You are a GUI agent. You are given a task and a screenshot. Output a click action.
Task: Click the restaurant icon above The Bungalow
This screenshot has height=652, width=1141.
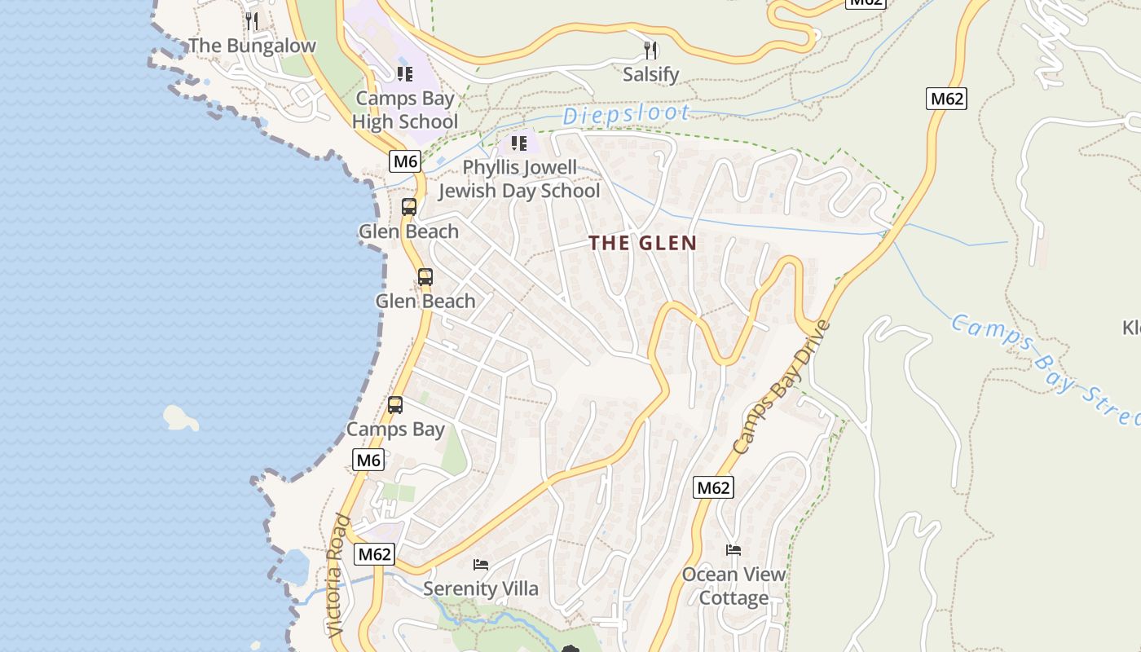252,20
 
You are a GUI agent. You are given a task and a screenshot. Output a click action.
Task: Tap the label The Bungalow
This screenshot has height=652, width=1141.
252,46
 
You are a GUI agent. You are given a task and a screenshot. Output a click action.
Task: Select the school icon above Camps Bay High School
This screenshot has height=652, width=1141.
405,74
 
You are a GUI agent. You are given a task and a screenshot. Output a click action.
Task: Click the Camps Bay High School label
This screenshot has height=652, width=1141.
405,111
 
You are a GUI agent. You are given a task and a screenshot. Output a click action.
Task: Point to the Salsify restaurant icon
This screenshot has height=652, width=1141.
650,51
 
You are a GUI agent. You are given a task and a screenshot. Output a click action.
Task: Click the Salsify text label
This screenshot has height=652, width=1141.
650,75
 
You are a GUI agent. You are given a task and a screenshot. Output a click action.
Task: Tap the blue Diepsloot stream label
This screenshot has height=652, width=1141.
626,115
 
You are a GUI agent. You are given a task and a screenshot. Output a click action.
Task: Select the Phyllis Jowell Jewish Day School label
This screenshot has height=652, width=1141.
519,179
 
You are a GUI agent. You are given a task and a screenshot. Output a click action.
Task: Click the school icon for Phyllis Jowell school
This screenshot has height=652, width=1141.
519,144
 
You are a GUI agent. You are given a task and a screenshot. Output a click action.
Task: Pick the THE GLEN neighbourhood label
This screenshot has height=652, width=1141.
643,243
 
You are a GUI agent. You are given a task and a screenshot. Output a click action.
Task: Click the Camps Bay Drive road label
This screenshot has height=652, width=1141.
780,388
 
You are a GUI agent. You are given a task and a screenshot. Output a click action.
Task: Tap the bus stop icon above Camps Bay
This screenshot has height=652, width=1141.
395,404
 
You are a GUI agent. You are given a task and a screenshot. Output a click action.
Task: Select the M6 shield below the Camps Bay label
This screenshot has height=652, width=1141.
368,460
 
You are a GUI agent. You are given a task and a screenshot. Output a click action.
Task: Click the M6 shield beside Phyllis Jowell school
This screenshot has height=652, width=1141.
405,161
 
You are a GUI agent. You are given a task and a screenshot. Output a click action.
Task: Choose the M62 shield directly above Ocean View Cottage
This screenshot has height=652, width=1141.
713,488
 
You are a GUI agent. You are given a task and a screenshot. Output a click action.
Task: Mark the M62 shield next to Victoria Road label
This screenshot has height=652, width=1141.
375,555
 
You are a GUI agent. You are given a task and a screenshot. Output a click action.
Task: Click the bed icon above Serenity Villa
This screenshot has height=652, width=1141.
481,564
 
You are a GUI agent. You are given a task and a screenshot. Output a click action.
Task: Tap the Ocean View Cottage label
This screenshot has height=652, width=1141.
733,586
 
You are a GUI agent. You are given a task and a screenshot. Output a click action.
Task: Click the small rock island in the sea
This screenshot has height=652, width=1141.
180,418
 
